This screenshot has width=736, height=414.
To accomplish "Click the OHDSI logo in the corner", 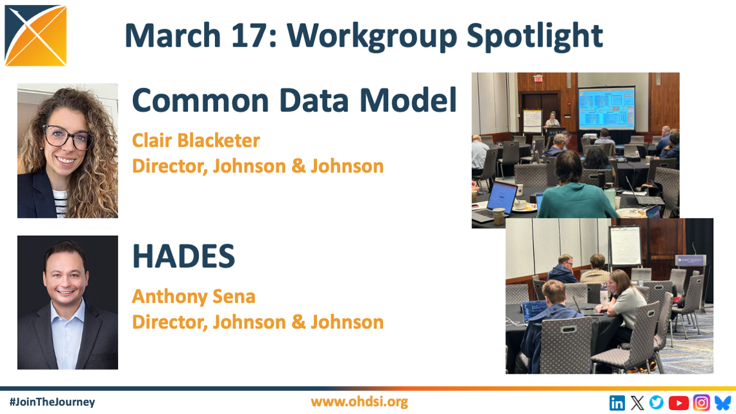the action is point(36,36).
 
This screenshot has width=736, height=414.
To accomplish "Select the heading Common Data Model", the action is point(294,100).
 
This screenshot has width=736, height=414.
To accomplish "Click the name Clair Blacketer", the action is point(196,140).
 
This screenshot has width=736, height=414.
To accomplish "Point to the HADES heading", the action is point(183,256).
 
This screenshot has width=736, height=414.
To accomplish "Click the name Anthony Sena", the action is point(194,296).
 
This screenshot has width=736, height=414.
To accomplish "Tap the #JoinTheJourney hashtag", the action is point(52,402).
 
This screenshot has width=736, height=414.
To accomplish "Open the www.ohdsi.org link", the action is point(359,402).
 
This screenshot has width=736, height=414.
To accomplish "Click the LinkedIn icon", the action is point(617,403).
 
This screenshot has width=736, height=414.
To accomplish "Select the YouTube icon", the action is point(679,403).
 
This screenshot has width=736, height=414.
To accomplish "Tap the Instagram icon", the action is point(702,403).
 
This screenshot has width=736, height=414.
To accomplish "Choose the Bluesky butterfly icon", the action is point(723,403).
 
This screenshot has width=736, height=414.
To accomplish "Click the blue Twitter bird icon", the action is point(657,402).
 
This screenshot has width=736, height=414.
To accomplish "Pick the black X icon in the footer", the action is point(637,403).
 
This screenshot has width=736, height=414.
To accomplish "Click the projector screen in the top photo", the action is point(606,109).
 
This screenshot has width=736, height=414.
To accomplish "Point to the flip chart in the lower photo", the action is point(625,245).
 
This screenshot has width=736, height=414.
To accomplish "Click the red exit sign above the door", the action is point(538,78).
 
